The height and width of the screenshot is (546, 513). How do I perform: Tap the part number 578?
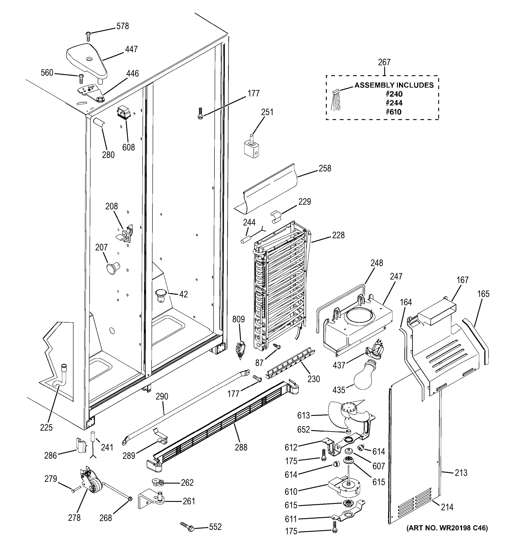[122, 26]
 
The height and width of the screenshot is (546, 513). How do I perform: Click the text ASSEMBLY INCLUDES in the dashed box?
[394, 85]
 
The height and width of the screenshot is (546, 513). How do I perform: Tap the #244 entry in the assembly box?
[394, 103]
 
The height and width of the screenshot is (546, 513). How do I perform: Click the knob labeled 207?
[113, 268]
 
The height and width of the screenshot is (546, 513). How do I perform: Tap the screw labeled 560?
[81, 78]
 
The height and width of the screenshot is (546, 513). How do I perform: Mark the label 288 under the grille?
[241, 447]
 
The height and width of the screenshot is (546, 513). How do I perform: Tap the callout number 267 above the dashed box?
[384, 62]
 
